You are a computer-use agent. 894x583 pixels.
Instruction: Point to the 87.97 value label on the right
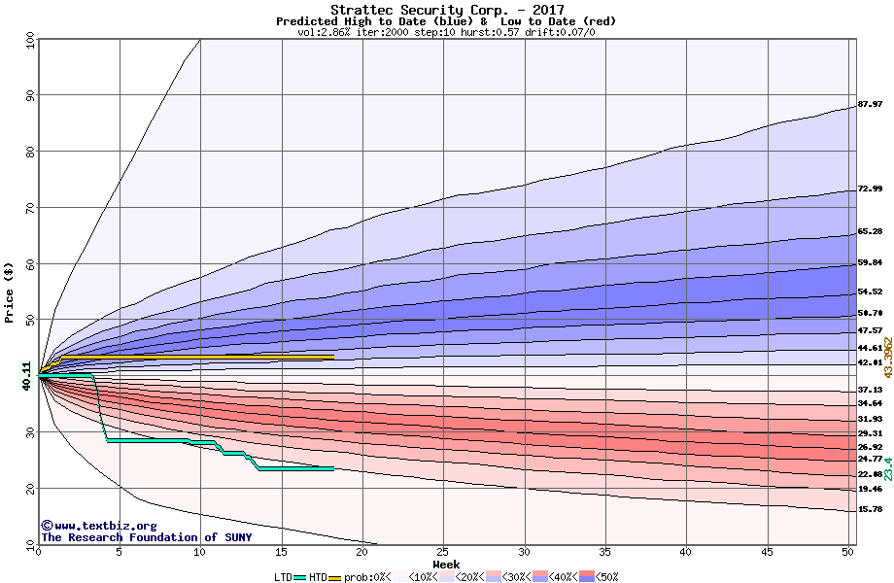[x=870, y=105]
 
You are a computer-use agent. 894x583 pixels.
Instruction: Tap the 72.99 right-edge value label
[x=870, y=189]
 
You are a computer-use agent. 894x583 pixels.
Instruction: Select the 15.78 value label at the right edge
[x=870, y=509]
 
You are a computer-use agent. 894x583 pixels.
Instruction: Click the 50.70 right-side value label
[x=870, y=313]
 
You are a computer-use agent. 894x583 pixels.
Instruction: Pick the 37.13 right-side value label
[x=870, y=390]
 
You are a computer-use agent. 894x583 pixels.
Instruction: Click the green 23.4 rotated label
[x=887, y=469]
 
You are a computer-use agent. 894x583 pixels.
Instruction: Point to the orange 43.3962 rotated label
[x=887, y=358]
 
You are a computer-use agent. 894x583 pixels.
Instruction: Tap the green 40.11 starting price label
[x=27, y=375]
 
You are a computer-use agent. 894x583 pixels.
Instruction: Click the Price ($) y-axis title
[x=10, y=292]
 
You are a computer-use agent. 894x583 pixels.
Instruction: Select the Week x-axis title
[x=446, y=565]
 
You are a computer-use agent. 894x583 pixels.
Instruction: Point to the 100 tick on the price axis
[x=29, y=41]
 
